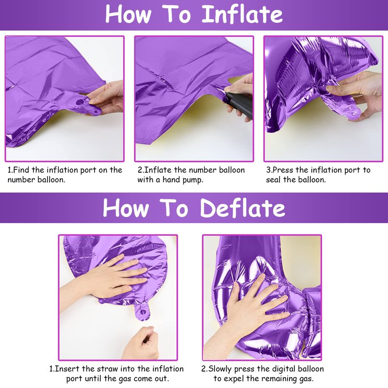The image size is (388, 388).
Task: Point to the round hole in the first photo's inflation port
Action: click(80, 101)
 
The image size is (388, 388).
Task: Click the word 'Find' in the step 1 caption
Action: click(21, 170)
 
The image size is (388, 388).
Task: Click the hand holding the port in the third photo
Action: click(356, 94)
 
